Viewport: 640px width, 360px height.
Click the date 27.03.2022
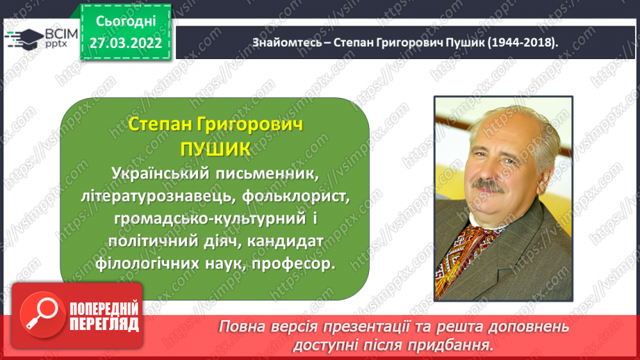coord(126,43)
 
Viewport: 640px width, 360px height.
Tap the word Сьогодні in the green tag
coord(126,22)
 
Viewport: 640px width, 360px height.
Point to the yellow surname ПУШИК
coord(215,149)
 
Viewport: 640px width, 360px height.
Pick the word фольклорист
coord(296,196)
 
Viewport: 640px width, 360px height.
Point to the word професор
coord(293,263)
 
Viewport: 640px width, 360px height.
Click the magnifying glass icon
coord(42,315)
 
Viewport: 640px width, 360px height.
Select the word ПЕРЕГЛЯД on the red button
coord(104,325)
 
